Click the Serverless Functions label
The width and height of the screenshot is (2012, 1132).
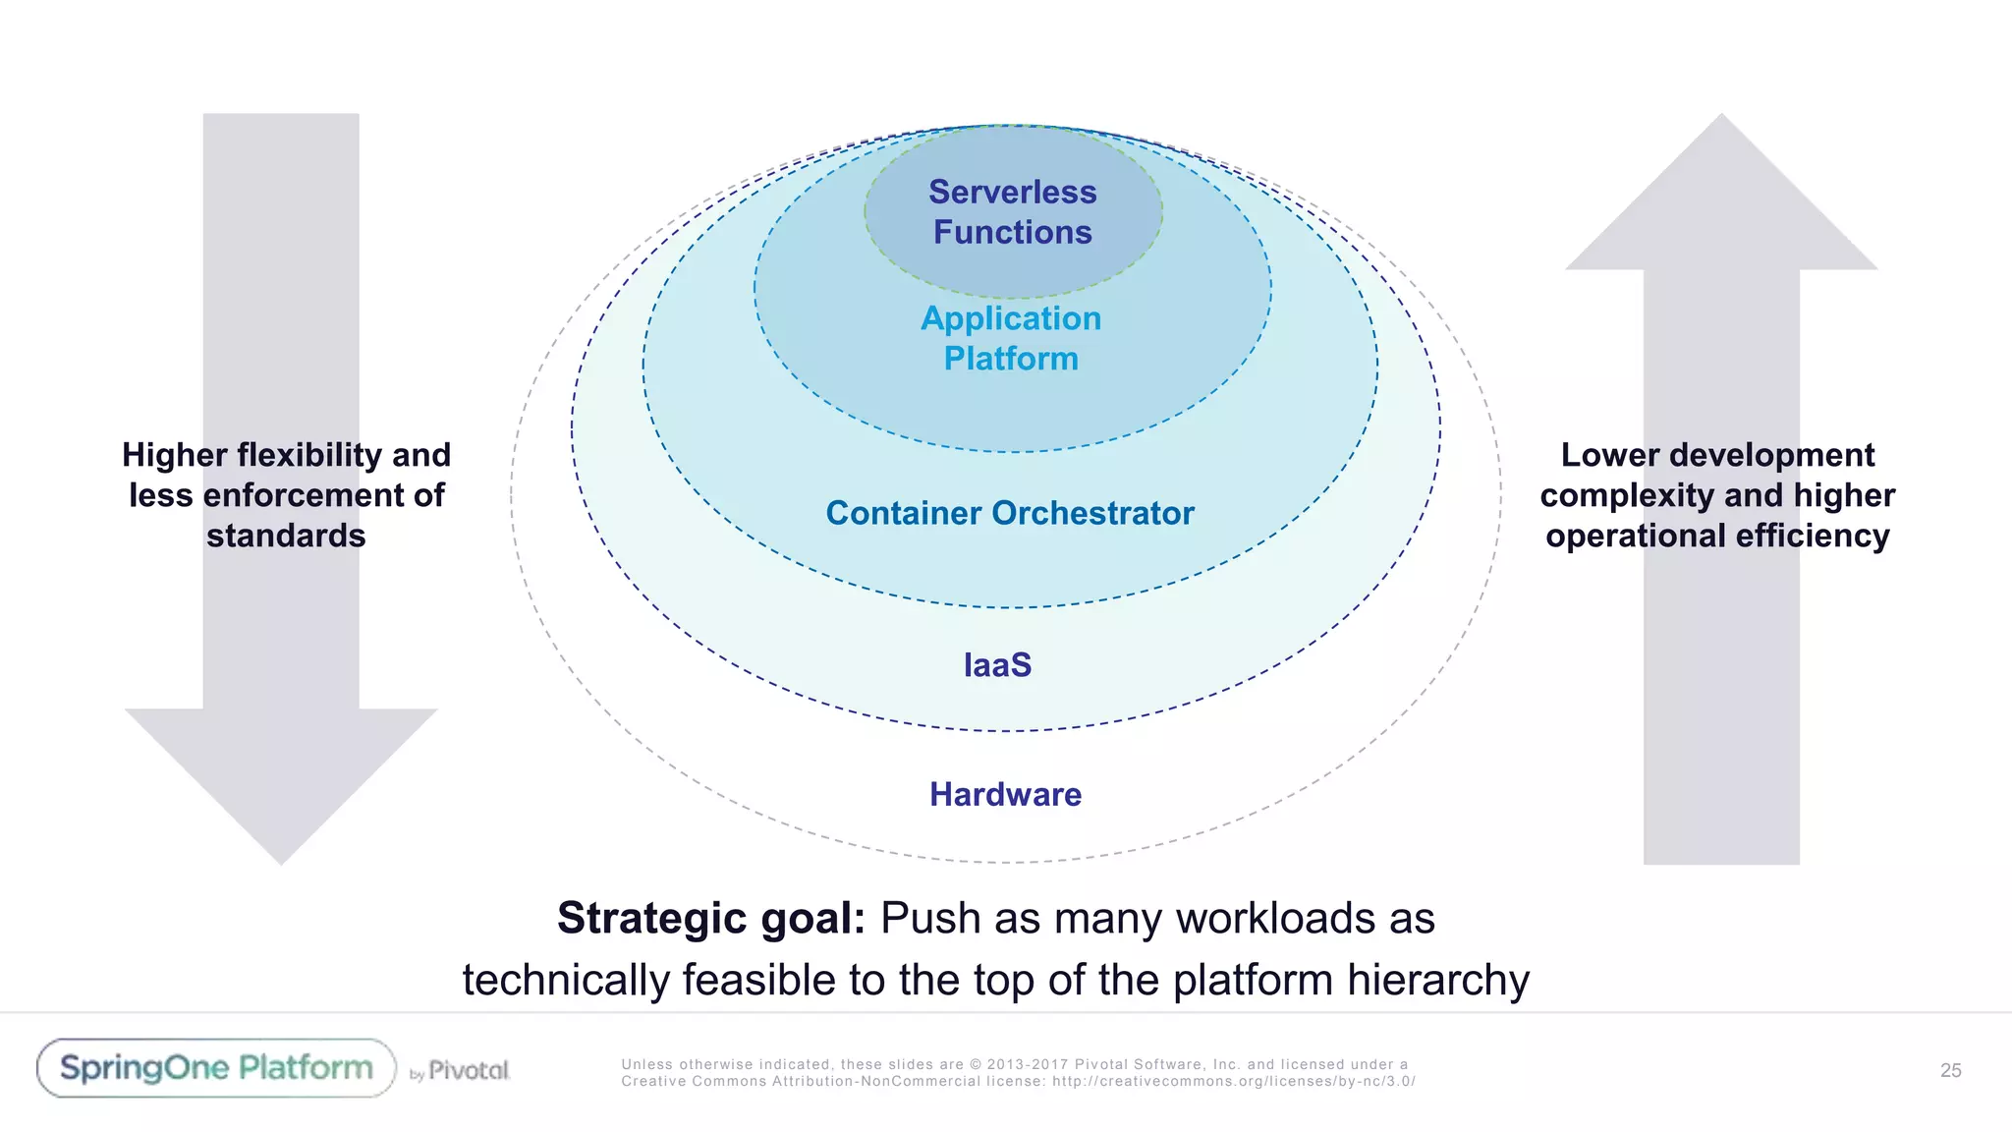tap(1012, 212)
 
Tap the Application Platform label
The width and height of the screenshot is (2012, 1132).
tap(1011, 338)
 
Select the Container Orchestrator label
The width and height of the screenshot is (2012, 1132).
tap(1009, 513)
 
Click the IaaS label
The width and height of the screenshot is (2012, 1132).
tap(997, 665)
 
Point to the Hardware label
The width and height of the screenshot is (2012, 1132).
tap(1005, 794)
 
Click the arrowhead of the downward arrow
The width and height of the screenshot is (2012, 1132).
tap(281, 776)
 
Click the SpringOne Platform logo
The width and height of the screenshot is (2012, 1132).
tap(216, 1068)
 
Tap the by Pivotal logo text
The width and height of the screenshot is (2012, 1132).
tap(460, 1071)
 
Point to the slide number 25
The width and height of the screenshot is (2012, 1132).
tap(1950, 1070)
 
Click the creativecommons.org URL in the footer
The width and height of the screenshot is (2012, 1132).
tap(1233, 1081)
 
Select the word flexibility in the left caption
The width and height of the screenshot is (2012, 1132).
tap(309, 455)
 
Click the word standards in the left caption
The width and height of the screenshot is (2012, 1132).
tap(286, 536)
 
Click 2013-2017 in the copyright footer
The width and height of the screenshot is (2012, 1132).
tap(1027, 1064)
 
